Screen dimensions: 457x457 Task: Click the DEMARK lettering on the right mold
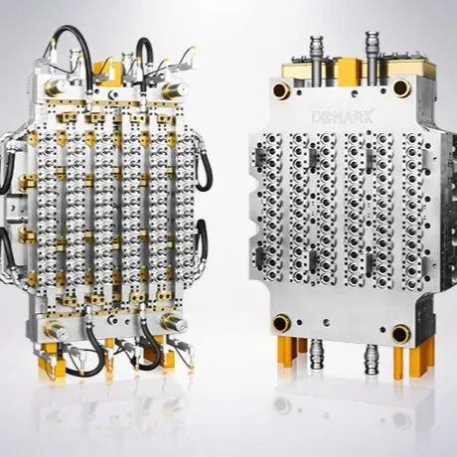click(343, 116)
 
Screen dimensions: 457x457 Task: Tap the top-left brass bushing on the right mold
click(281, 89)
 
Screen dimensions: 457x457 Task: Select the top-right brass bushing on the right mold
click(402, 87)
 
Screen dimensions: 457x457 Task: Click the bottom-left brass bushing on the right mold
click(281, 324)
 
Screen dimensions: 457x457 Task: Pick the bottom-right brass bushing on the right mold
click(401, 334)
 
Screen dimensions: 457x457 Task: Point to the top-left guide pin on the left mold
click(55, 87)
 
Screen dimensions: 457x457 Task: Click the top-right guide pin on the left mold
click(175, 90)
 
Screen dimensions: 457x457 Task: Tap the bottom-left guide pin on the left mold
click(55, 330)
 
